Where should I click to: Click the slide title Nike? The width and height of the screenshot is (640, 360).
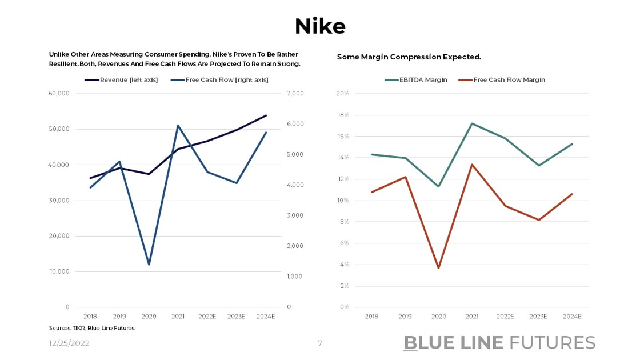(319, 26)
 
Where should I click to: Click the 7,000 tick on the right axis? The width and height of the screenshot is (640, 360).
(296, 94)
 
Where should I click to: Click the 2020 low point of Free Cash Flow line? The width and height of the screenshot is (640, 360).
(149, 265)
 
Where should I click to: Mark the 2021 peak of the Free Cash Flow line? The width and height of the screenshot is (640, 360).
(178, 125)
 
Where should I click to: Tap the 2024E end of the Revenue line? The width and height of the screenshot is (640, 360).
(266, 115)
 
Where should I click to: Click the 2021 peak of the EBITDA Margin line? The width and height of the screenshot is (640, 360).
(472, 123)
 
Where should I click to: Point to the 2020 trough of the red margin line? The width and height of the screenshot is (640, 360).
(439, 268)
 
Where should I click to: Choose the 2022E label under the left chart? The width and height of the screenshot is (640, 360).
(207, 316)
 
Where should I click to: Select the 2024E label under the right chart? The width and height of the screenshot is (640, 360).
(571, 316)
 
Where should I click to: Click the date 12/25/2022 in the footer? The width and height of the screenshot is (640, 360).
(69, 343)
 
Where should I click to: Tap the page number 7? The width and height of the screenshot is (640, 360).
(320, 343)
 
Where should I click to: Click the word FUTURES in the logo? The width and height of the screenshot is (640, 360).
(552, 343)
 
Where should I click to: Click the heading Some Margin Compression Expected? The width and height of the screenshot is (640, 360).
(409, 57)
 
